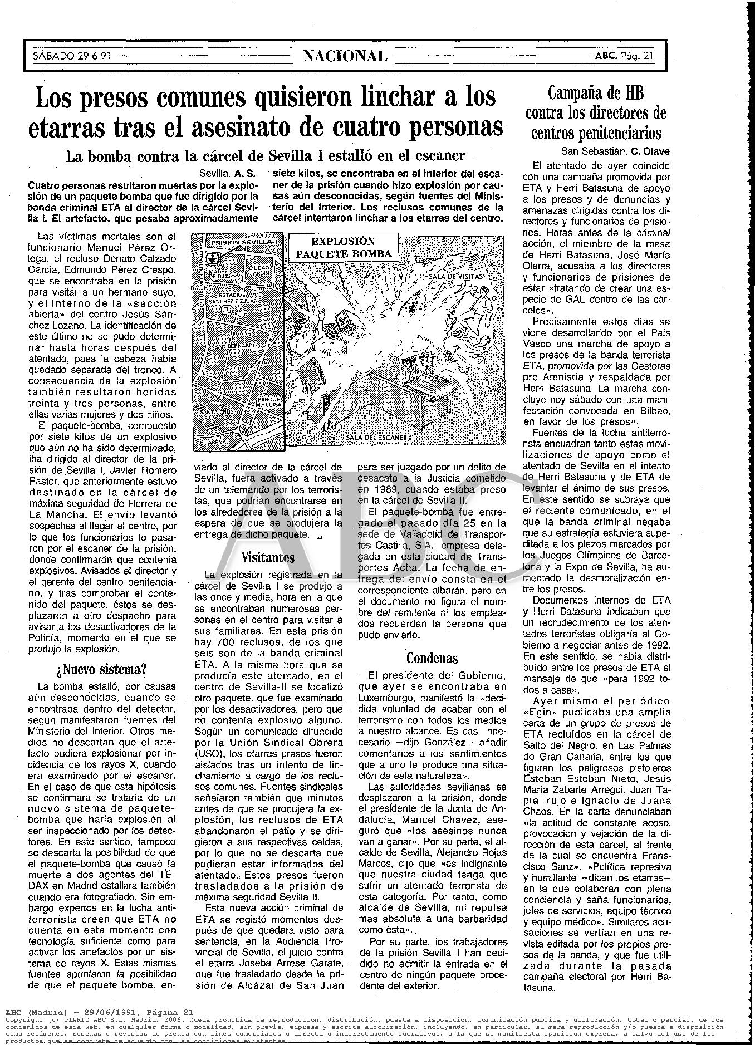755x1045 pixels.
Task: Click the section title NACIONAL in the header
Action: [345, 56]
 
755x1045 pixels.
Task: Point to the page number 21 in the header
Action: [648, 56]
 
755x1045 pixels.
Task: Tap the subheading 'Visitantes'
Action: [268, 557]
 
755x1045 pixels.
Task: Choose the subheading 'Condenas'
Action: [432, 658]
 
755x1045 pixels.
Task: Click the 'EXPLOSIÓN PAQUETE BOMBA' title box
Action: [343, 247]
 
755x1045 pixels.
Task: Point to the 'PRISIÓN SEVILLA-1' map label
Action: [241, 243]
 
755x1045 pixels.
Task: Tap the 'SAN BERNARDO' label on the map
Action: [236, 346]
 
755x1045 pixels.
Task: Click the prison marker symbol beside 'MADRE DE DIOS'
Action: [210, 259]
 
